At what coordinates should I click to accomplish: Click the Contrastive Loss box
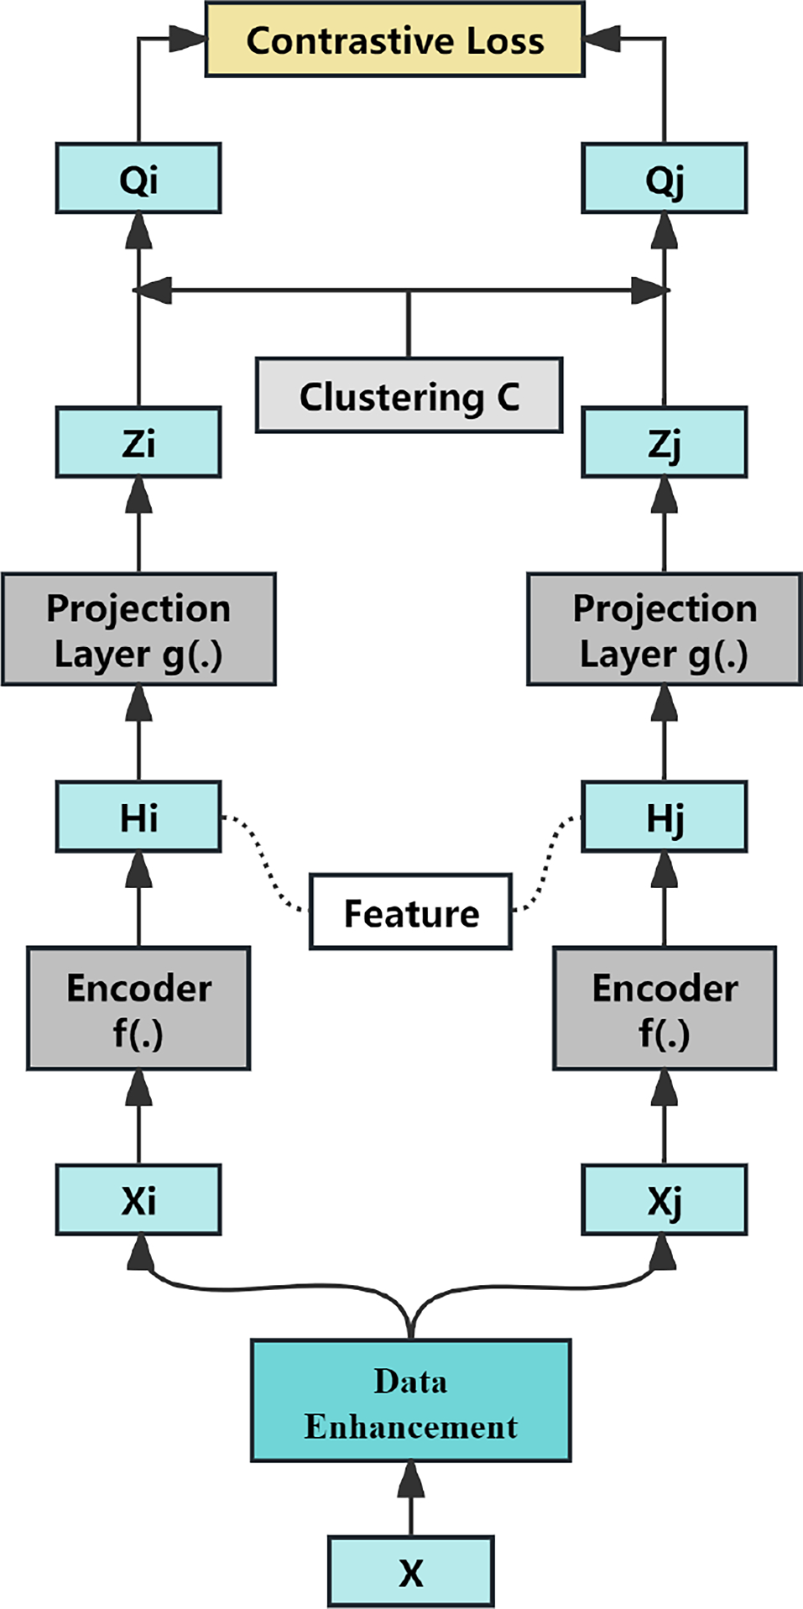coord(394,39)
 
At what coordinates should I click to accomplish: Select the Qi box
coord(138,178)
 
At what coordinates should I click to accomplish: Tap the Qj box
coord(664,178)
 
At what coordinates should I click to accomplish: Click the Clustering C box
coord(409,395)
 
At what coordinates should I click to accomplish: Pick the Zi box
coord(138,442)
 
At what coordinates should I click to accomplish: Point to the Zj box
coord(664,442)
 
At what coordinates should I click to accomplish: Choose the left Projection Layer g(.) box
coord(138,629)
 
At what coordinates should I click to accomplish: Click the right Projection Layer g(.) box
coord(664,629)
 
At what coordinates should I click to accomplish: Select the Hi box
coord(138,817)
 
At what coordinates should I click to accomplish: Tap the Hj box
coord(664,817)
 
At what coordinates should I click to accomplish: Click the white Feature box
coord(410,912)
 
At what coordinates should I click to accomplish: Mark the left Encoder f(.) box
coord(138,1008)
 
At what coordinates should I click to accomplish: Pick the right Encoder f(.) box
coord(664,1008)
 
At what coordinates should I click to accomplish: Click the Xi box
coord(138,1199)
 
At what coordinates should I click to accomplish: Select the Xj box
coord(664,1199)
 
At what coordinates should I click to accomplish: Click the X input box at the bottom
coord(410,1571)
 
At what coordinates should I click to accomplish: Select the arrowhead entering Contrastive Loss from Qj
coord(597,38)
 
